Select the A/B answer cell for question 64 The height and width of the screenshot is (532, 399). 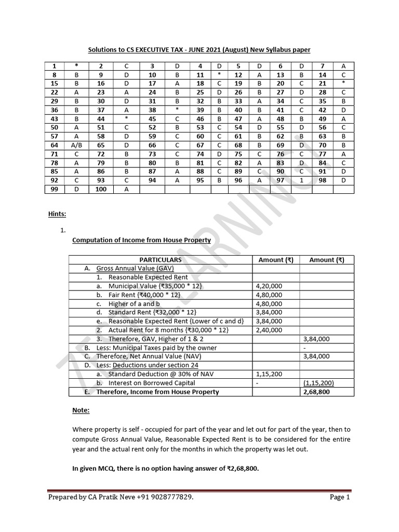(77, 145)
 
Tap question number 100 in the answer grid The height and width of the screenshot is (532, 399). (101, 189)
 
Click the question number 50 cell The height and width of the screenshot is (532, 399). (54, 128)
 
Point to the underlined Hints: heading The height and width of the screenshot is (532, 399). (57, 213)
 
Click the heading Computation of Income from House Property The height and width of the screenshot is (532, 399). (141, 240)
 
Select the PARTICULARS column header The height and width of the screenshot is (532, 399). (161, 260)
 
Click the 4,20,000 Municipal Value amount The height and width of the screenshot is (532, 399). (269, 286)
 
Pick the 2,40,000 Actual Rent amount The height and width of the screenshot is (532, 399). (269, 330)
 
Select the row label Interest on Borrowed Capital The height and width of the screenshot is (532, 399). (152, 383)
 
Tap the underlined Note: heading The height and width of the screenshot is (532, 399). (81, 410)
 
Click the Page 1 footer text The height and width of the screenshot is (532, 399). (340, 498)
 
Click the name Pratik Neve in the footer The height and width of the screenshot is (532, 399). (110, 498)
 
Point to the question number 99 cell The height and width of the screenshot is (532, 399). (54, 189)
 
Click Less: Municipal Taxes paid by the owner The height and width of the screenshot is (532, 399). (156, 348)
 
